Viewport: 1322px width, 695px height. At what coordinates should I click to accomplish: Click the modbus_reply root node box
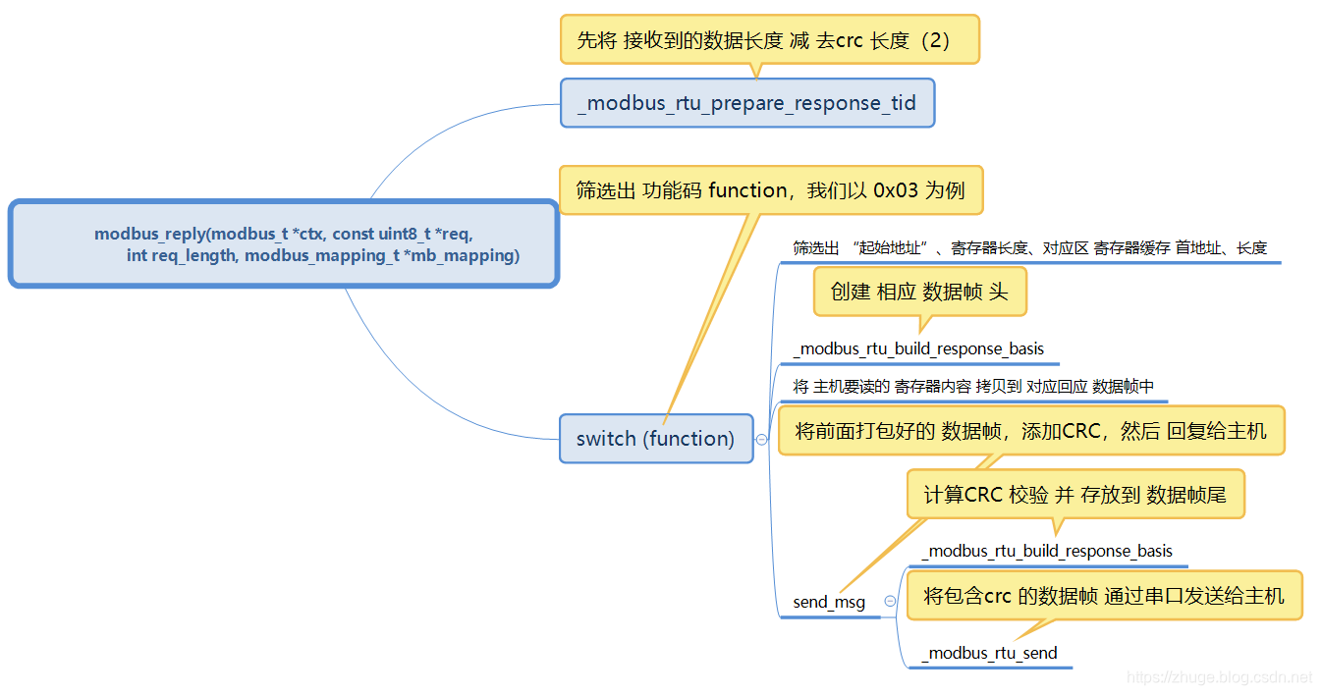(284, 243)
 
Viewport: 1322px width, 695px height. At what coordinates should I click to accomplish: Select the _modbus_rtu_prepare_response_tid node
(747, 103)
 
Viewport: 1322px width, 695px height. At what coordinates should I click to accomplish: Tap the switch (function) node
(655, 439)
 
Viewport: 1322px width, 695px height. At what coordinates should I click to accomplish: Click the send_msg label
(829, 602)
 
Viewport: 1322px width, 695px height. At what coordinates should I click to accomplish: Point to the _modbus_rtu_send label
(990, 653)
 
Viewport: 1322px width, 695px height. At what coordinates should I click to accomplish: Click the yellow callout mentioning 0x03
(770, 189)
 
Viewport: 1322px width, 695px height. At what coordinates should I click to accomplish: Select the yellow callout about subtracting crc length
(770, 40)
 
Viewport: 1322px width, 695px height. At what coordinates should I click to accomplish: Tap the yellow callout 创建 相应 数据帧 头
(919, 292)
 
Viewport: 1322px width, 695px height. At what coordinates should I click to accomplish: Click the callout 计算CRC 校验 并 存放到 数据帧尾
(1074, 495)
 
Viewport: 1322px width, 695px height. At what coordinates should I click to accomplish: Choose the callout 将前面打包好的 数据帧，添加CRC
(1030, 431)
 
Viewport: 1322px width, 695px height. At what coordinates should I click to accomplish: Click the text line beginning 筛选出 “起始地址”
(1029, 248)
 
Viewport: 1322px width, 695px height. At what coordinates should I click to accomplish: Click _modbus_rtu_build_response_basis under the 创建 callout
(919, 348)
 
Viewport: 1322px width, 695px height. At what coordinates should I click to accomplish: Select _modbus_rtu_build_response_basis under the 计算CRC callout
(1048, 551)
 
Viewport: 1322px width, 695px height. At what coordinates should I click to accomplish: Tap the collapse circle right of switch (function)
(761, 440)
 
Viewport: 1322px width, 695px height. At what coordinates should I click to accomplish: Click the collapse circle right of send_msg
(890, 602)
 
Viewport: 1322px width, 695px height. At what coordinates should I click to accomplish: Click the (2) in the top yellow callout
(933, 40)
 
